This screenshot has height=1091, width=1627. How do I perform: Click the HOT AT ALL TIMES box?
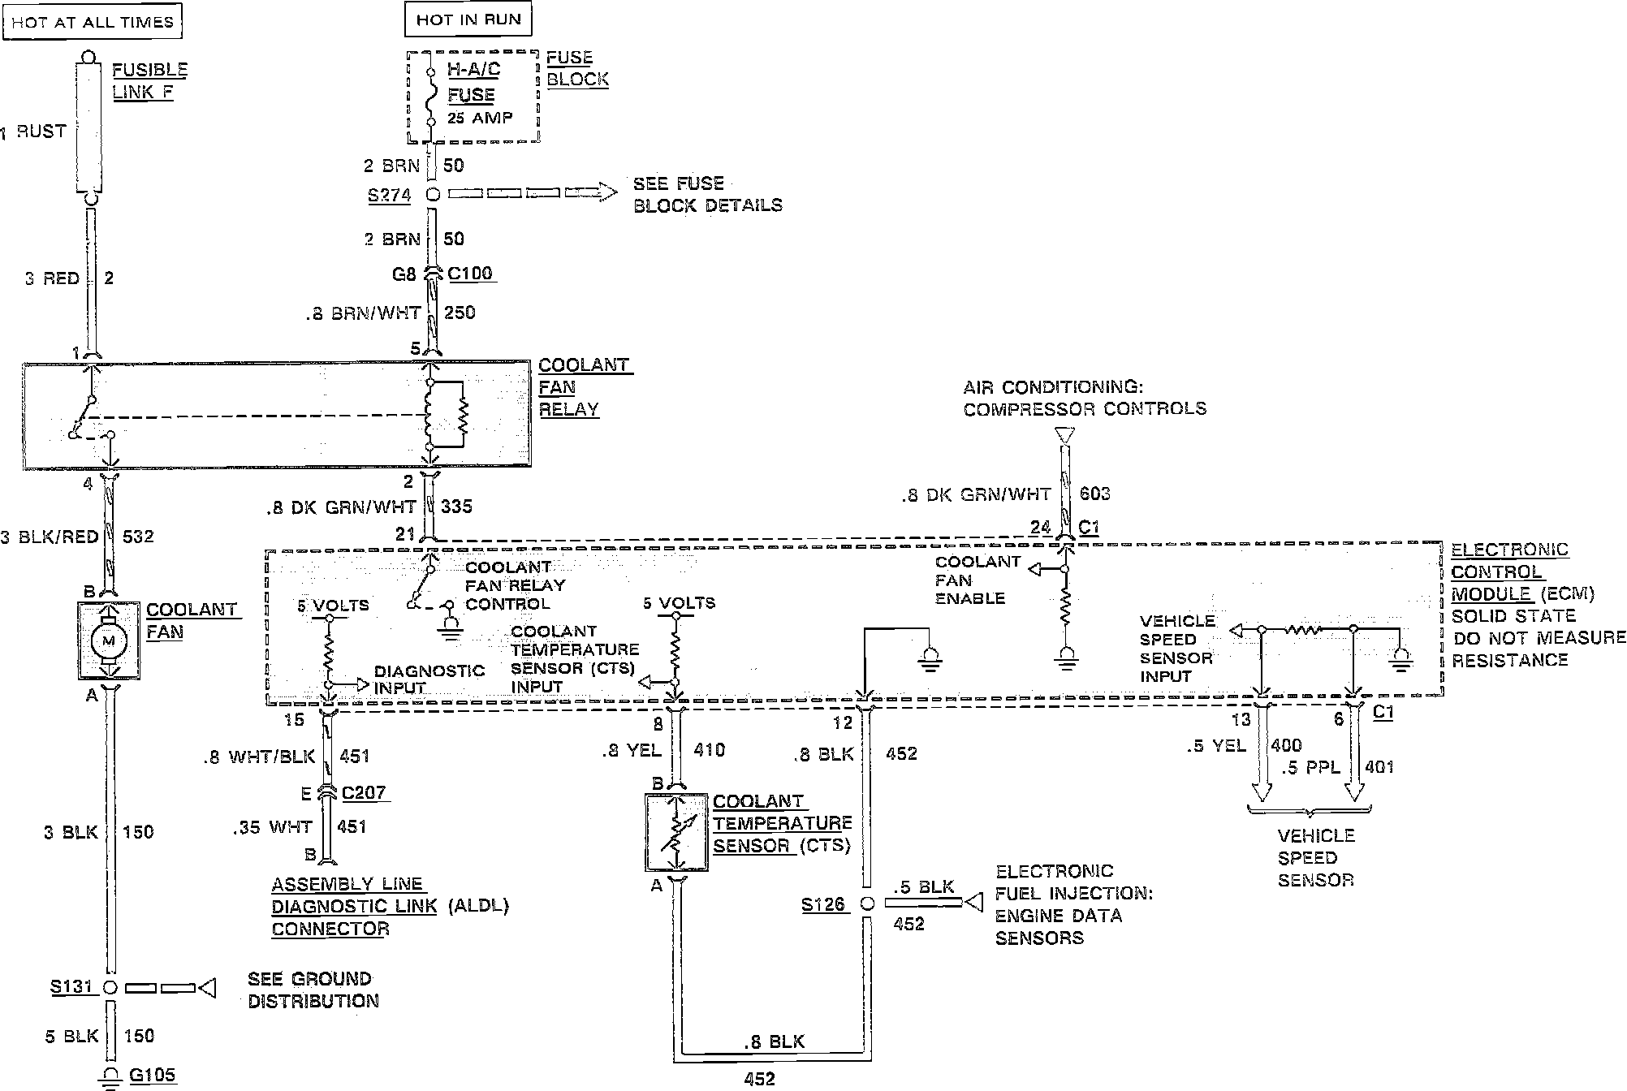tap(93, 22)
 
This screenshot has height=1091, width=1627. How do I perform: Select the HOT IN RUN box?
tap(468, 19)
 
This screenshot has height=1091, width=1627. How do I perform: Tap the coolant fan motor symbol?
tap(108, 641)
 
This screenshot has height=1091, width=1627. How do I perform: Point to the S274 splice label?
tap(390, 196)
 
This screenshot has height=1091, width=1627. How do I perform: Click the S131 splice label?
tap(72, 987)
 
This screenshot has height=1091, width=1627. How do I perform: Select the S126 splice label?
tap(823, 904)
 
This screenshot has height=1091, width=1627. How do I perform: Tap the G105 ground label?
tap(153, 1076)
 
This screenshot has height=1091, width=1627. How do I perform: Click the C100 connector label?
tap(471, 274)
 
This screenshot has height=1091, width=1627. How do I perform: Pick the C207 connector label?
tap(365, 792)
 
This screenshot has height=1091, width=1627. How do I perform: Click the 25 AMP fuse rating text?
tap(481, 118)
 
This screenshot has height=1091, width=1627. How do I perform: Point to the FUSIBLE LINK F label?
tap(149, 81)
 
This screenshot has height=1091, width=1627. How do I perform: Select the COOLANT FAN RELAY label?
tap(583, 387)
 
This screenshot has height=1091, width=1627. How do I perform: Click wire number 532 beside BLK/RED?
tap(138, 537)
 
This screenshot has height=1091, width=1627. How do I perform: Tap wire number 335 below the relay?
tap(455, 507)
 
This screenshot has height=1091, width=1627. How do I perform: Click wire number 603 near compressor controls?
tap(1095, 493)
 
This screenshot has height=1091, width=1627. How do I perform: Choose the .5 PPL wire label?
tap(1310, 767)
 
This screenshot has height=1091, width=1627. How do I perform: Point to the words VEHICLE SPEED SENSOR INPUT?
tap(1177, 648)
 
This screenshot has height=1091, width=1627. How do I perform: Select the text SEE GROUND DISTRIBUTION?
tap(313, 990)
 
